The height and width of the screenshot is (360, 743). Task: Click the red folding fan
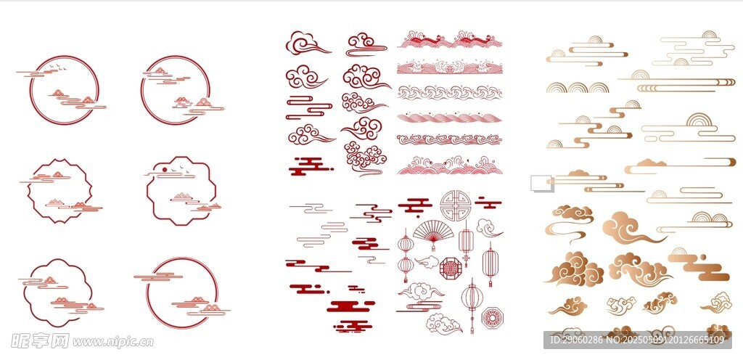(x=432, y=230)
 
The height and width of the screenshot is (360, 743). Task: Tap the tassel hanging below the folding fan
(x=432, y=245)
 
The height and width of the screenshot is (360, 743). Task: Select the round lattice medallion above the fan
(x=455, y=205)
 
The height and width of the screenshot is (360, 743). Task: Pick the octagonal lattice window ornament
(x=451, y=269)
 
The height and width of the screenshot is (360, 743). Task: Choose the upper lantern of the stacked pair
(x=406, y=243)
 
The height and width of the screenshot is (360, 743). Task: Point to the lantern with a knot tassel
(x=466, y=241)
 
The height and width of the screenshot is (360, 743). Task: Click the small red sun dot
(x=165, y=169)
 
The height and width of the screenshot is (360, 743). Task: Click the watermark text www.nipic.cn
(x=112, y=342)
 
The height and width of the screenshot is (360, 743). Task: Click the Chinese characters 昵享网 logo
(x=40, y=340)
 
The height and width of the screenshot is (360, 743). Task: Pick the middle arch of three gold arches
(x=578, y=88)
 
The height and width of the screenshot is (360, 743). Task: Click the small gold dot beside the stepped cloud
(x=702, y=257)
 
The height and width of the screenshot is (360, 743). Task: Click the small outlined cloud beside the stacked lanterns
(x=427, y=262)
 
